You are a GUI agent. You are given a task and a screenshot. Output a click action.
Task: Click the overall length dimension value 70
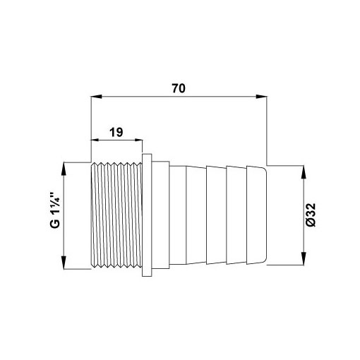click(x=179, y=88)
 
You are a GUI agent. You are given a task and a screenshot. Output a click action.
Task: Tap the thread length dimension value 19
click(x=116, y=132)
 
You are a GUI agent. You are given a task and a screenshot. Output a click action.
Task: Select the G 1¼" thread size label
click(x=55, y=210)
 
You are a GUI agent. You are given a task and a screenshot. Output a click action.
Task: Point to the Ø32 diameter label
click(x=311, y=215)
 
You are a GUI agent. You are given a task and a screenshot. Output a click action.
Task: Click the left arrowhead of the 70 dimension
click(x=97, y=97)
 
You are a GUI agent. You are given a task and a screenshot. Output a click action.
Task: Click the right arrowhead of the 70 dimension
click(x=261, y=97)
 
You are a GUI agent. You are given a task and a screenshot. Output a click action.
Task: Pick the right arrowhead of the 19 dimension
click(x=138, y=140)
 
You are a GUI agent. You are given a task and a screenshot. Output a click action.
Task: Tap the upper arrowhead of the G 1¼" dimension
click(x=64, y=169)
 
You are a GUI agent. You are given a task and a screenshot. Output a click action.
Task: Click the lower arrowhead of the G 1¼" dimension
click(x=64, y=263)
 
